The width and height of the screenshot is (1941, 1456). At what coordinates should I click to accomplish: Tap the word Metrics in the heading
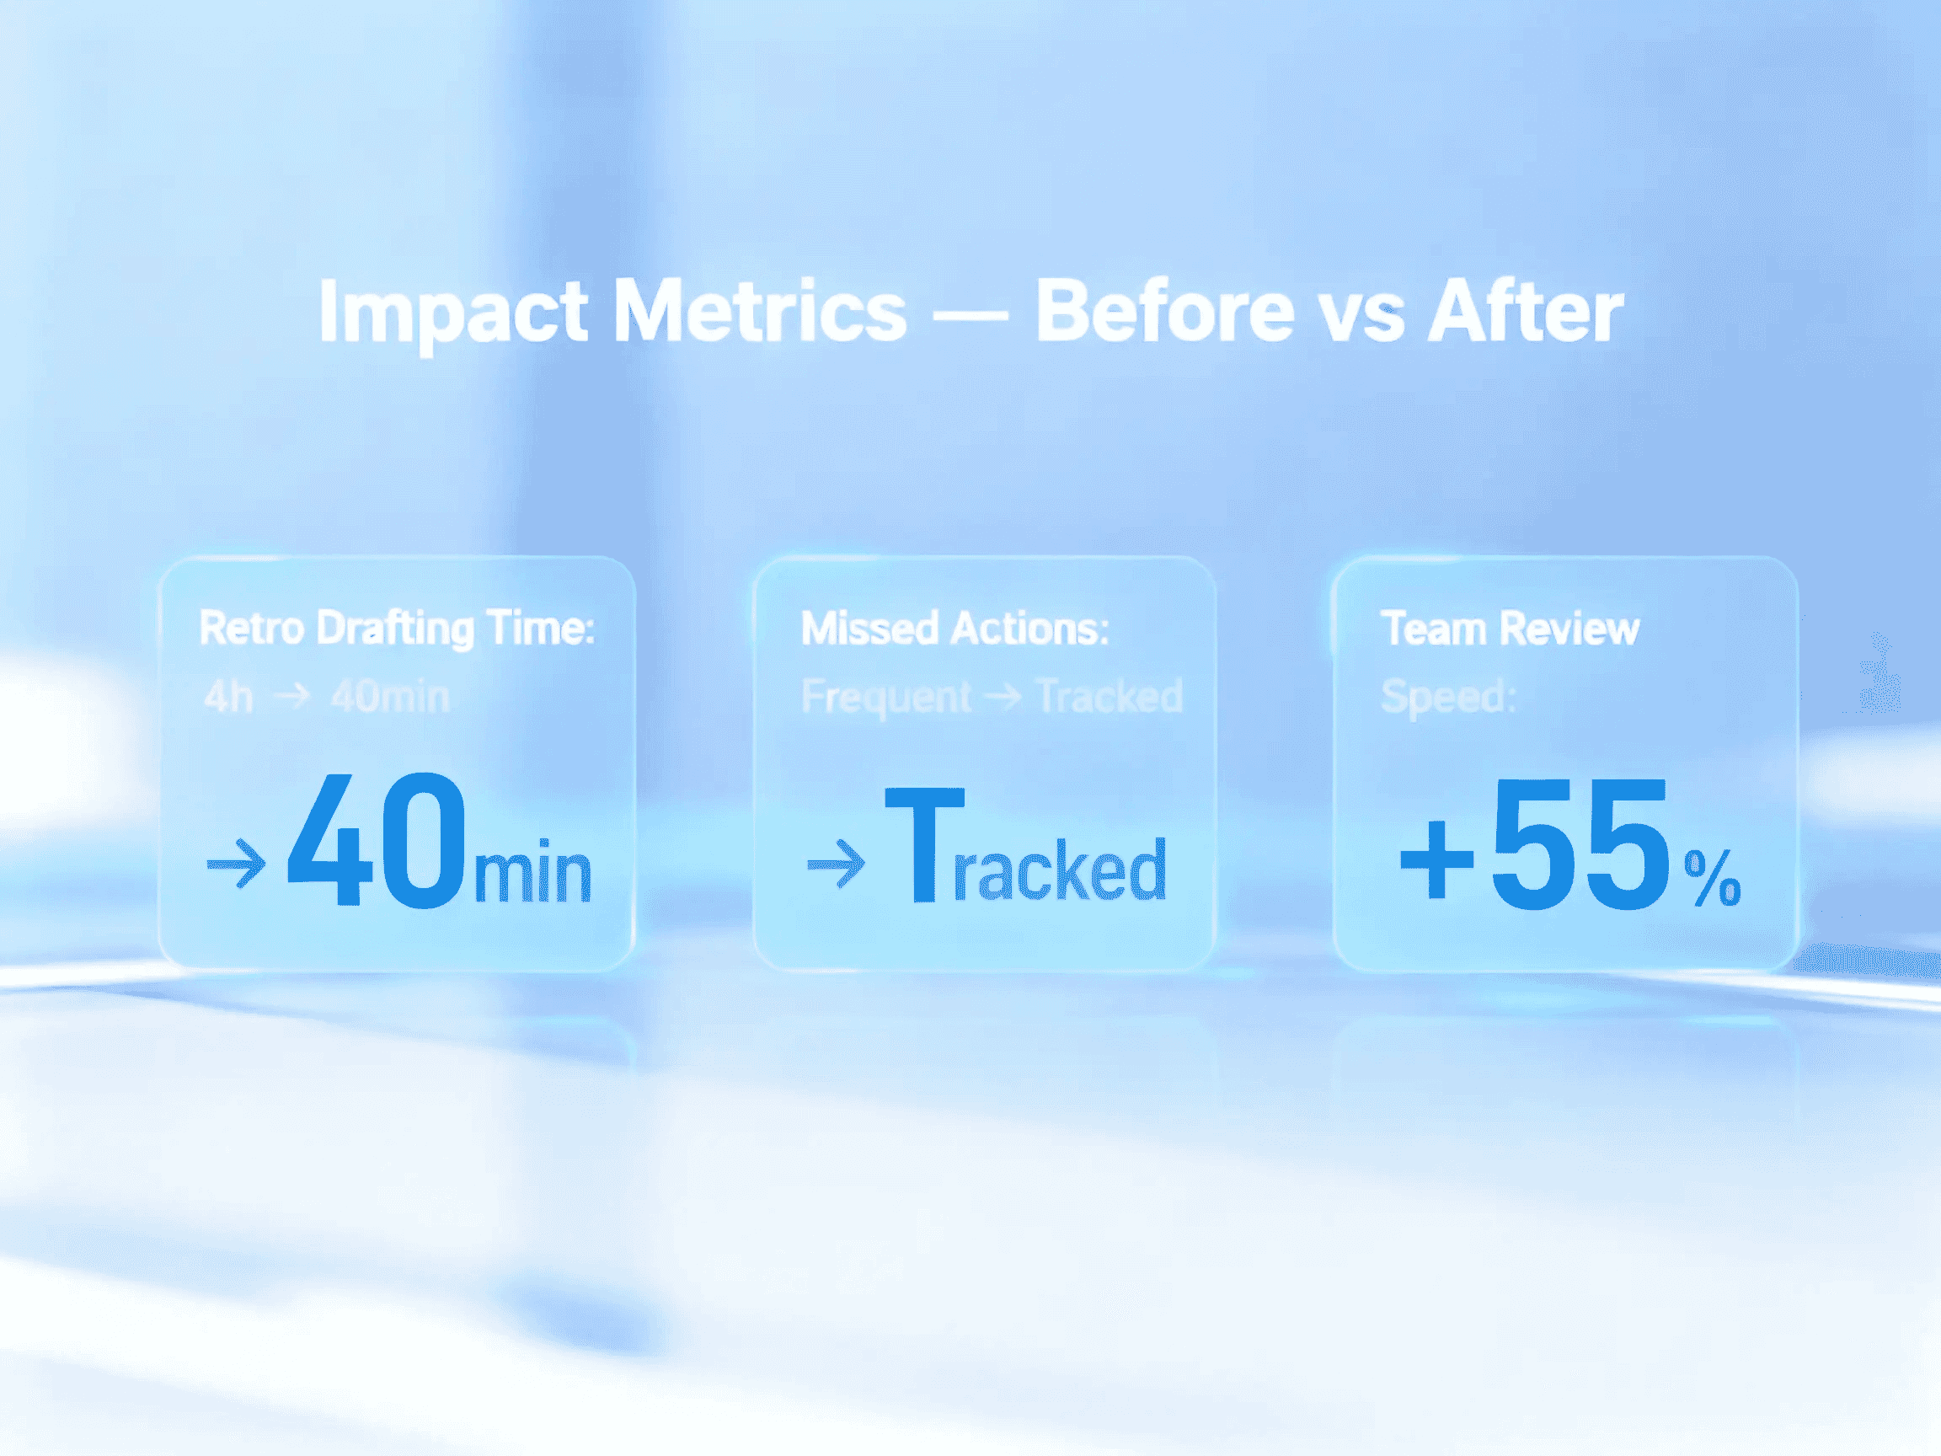pos(759,312)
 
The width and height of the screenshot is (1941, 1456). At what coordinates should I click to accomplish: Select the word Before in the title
pos(1164,312)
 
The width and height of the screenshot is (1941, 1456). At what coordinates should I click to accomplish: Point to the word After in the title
pos(1526,312)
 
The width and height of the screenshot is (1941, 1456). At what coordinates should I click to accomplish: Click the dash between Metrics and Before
pos(970,314)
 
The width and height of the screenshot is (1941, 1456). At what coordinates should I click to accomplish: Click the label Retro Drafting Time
pos(397,629)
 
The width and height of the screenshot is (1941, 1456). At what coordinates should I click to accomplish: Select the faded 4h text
pos(228,697)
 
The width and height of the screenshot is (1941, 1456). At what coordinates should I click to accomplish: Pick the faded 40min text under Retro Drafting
pos(389,697)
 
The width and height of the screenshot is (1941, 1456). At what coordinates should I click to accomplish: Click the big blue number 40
pos(377,841)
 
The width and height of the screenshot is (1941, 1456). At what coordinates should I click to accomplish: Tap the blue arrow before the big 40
pos(236,864)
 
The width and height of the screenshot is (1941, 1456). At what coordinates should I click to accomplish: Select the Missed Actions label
pos(954,629)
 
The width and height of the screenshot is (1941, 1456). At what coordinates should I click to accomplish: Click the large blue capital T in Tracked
pos(925,844)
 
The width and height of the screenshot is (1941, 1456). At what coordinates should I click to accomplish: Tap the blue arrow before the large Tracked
pos(837,864)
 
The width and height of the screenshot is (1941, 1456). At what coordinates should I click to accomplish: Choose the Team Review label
pos(1511,629)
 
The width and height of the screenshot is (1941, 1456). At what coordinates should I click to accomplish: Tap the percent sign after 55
pos(1712,877)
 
